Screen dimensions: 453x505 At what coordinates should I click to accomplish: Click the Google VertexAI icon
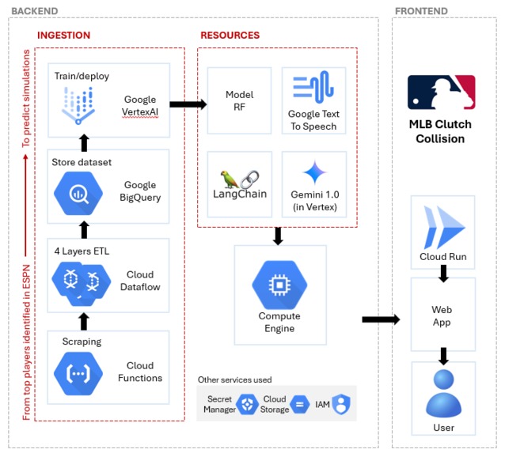78,106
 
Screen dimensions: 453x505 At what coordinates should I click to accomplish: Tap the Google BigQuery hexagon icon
77,191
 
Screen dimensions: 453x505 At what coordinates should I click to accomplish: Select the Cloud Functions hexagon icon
77,371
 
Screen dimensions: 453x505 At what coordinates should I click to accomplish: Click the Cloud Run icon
442,224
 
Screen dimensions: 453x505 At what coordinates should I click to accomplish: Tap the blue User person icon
442,394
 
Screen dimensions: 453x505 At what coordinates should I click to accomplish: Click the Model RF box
239,100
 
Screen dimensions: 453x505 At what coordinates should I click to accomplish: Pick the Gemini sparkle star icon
313,173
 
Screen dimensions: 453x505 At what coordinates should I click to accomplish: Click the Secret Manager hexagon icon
247,404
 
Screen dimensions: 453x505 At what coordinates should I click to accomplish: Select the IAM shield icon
341,404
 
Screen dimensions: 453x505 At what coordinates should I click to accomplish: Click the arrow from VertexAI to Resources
187,103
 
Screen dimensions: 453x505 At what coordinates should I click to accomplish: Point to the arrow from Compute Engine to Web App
380,319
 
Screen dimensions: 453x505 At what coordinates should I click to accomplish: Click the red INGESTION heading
63,36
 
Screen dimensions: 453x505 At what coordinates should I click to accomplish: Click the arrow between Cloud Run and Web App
442,273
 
